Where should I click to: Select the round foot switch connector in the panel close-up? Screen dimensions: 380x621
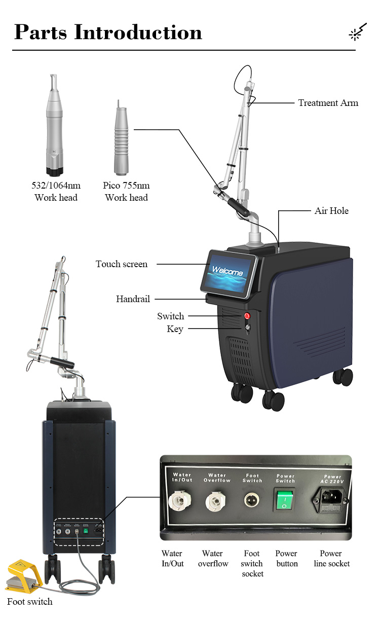tap(252, 500)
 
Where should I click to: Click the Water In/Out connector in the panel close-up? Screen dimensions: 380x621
tap(179, 500)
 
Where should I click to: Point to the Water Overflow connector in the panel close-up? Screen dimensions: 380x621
tap(215, 501)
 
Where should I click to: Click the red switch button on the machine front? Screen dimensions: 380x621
tap(247, 315)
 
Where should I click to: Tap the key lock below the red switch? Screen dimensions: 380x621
tap(248, 327)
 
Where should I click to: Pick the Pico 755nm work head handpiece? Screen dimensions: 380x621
tap(121, 138)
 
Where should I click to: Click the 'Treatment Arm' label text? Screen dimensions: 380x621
tap(328, 103)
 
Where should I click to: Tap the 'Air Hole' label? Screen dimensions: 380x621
tap(331, 211)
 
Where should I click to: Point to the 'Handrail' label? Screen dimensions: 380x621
tap(133, 299)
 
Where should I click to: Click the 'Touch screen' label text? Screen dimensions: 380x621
tap(122, 264)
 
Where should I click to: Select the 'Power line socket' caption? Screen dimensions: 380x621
tap(331, 558)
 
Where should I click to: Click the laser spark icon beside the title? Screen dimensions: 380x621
tap(358, 32)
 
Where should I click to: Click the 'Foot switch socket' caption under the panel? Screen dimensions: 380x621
tap(252, 563)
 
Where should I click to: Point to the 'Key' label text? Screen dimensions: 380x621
tap(175, 329)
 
